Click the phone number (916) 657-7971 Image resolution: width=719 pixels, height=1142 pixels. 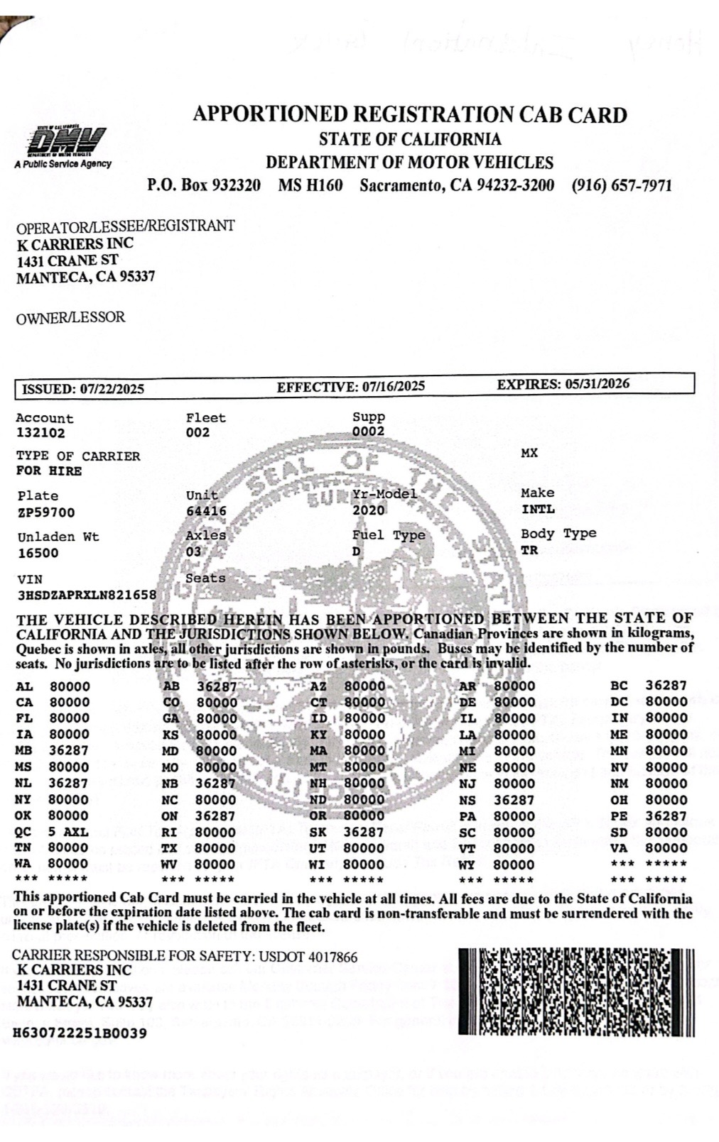click(x=621, y=186)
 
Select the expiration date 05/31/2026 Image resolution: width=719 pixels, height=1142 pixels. click(x=597, y=384)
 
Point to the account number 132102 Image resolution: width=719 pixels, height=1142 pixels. click(x=40, y=433)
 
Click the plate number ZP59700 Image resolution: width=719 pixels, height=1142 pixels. click(x=46, y=512)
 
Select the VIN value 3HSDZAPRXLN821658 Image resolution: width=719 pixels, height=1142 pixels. click(x=86, y=595)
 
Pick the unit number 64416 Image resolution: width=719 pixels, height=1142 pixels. click(x=206, y=511)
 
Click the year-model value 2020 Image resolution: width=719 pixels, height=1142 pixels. click(x=368, y=510)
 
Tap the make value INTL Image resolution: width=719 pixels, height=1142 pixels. click(x=538, y=509)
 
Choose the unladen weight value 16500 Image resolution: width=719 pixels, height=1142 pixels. click(x=38, y=553)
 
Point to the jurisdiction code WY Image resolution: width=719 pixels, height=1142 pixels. click(x=467, y=864)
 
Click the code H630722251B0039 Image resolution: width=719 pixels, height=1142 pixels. click(x=81, y=1033)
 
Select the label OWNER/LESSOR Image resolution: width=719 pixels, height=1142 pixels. click(x=70, y=318)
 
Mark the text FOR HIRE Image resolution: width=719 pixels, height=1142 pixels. click(x=49, y=471)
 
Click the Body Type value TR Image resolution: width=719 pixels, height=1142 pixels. click(x=529, y=550)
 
